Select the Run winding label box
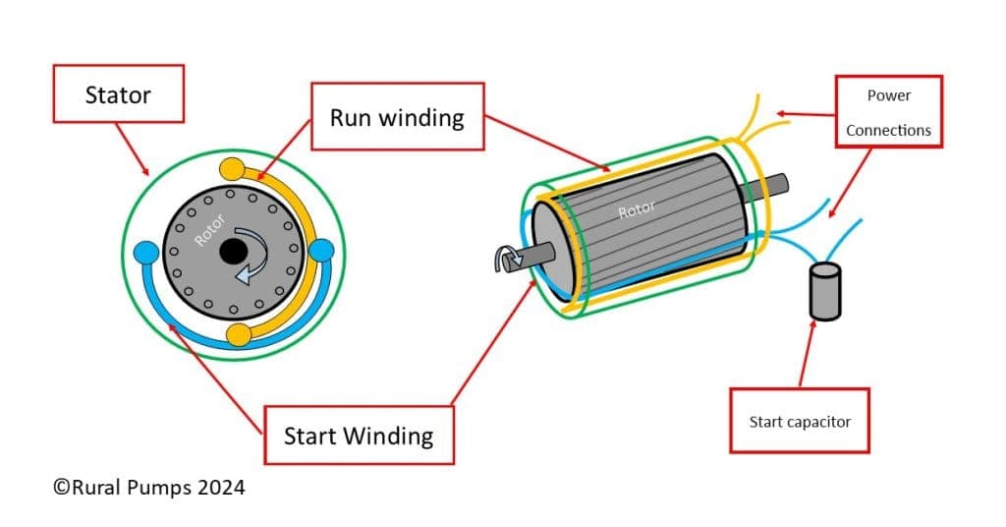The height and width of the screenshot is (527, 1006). point(397,117)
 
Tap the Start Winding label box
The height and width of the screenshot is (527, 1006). point(358,435)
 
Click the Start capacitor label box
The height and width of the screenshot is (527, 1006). point(799,421)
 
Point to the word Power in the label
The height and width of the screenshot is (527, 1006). point(888,95)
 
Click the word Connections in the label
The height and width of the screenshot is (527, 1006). point(888,130)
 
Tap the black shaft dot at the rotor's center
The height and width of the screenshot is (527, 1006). point(233,252)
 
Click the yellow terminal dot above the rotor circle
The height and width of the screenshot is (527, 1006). point(233,168)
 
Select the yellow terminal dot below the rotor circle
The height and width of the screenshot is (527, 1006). point(239,335)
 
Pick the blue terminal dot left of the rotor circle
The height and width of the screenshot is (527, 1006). point(146,253)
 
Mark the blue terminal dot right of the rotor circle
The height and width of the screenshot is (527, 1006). point(321,253)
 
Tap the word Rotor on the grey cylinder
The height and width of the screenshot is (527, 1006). point(636,210)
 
